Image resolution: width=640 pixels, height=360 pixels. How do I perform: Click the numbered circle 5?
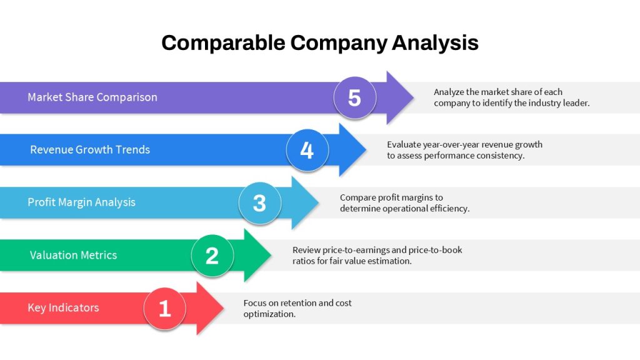355,98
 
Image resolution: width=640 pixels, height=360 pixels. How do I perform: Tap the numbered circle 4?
307,150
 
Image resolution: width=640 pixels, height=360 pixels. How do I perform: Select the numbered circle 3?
260,203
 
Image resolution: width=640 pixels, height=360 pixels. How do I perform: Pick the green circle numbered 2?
212,256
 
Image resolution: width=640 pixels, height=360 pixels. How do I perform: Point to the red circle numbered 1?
165,308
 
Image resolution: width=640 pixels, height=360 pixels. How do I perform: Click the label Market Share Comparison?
92,97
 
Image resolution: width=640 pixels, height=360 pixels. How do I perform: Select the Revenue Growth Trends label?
90,149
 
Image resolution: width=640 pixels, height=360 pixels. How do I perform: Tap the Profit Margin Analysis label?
81,202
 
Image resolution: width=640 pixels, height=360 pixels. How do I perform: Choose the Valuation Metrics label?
73,255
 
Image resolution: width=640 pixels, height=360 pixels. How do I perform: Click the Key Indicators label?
63,307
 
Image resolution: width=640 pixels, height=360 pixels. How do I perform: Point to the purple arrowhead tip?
414,97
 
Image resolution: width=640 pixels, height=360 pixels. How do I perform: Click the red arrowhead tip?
224,308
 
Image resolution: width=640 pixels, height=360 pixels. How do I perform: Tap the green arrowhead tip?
271,256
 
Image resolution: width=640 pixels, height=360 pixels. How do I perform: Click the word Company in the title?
338,43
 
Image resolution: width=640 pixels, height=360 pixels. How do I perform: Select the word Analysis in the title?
435,43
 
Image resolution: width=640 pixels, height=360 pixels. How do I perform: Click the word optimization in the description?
269,314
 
